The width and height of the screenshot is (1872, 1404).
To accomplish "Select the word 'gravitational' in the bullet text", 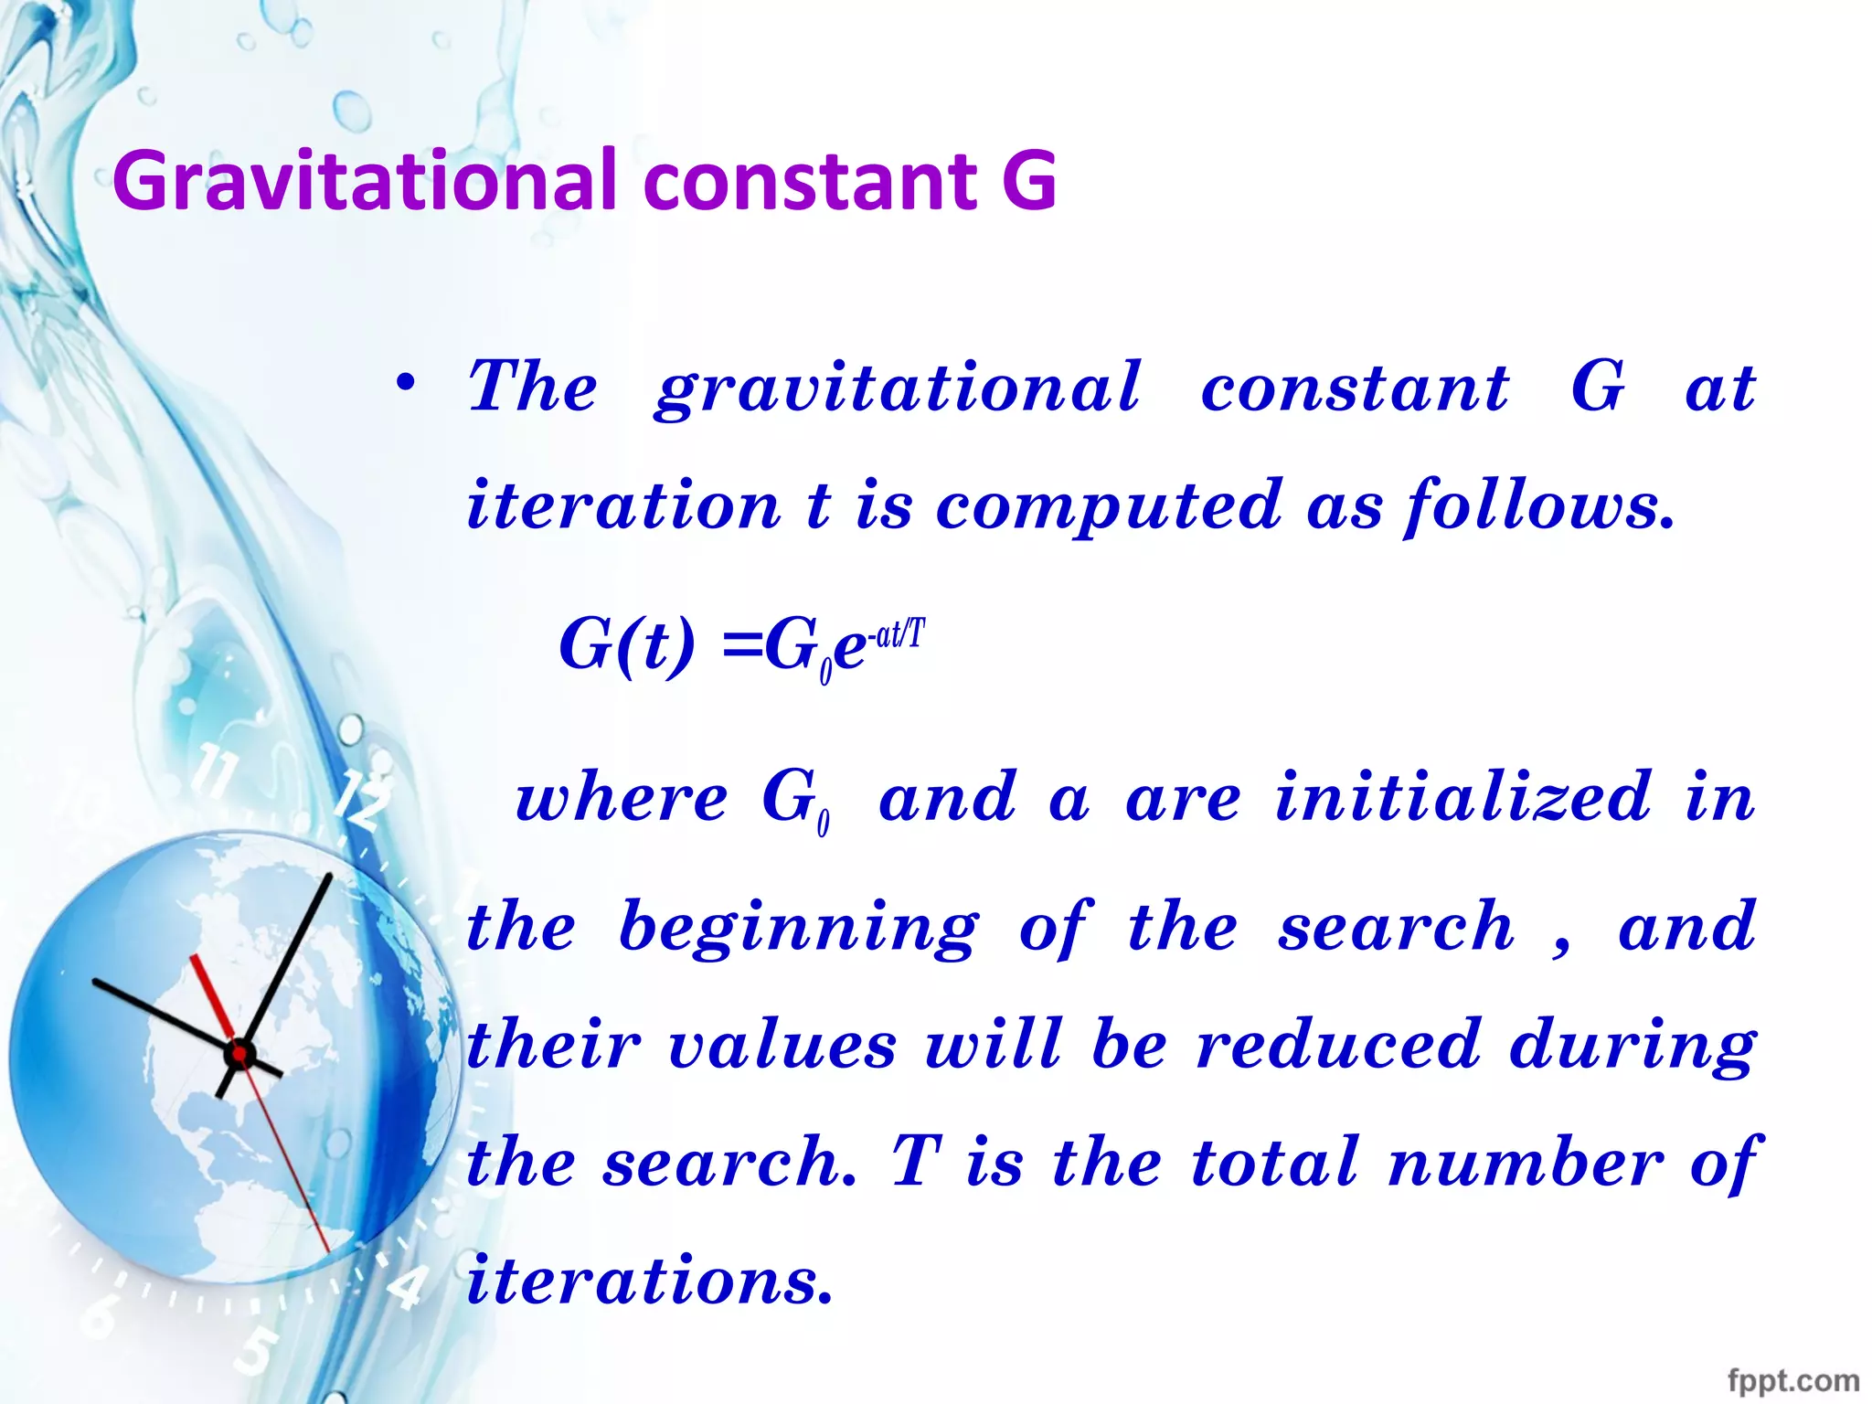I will pyautogui.click(x=898, y=389).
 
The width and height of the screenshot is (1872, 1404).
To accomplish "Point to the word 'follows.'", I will pyautogui.click(x=1540, y=507).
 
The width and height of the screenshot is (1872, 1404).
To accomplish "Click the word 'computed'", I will pyautogui.click(x=1109, y=507).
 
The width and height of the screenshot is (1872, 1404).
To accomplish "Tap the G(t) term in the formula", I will pyautogui.click(x=627, y=645).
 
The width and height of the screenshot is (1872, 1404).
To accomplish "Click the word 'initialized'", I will pyautogui.click(x=1463, y=798).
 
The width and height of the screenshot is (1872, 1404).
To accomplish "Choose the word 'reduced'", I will pyautogui.click(x=1338, y=1045).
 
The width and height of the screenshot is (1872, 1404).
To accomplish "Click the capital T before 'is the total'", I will pyautogui.click(x=916, y=1162).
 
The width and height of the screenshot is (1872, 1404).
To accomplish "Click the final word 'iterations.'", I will pyautogui.click(x=650, y=1281).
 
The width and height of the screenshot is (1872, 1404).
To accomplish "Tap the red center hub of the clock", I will pyautogui.click(x=239, y=1054).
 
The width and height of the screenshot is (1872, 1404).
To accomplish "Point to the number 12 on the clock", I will pyautogui.click(x=363, y=799).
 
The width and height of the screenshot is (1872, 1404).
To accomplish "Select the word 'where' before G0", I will pyautogui.click(x=622, y=798).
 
